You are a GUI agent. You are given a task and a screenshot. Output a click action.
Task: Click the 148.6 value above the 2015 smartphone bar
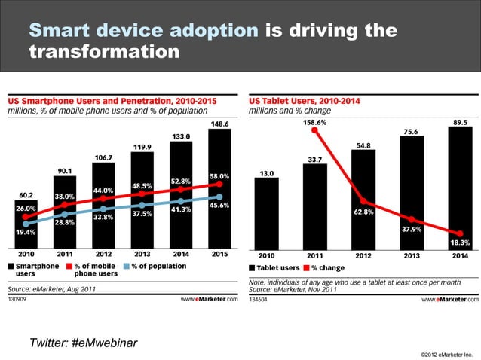[220, 124]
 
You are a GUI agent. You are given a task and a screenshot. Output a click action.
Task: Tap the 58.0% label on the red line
[219, 176]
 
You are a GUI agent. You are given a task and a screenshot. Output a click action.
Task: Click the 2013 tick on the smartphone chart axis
[142, 255]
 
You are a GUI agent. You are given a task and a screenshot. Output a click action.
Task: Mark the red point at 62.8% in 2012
[363, 201]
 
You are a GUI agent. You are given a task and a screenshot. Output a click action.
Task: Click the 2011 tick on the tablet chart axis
[314, 255]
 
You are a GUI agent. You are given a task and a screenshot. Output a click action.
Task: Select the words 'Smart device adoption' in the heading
[142, 31]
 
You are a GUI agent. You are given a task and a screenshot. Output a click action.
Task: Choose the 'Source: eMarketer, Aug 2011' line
[52, 288]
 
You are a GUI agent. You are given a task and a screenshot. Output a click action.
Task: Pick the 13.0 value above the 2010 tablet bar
[266, 173]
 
